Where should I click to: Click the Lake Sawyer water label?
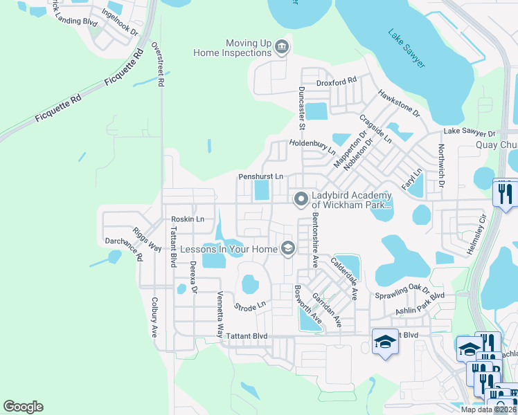click(x=407, y=48)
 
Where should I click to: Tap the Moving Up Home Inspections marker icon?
click(x=282, y=47)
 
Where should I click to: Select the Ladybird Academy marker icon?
click(x=301, y=200)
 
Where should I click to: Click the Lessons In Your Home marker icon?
click(x=287, y=248)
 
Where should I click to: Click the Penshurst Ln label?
click(x=261, y=177)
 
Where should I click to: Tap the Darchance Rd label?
click(x=123, y=246)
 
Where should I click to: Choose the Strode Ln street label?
click(x=250, y=304)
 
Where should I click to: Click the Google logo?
click(x=23, y=407)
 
